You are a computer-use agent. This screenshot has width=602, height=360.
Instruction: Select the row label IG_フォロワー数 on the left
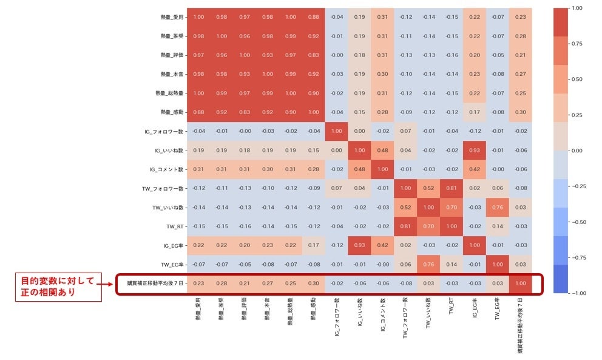164,131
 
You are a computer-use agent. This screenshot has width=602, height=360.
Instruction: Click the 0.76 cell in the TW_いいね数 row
498,208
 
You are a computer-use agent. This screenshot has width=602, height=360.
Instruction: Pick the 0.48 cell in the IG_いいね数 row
383,150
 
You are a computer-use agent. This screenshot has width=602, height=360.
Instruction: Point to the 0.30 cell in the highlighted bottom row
314,284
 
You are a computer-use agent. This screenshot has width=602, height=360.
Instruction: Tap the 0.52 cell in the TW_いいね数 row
429,208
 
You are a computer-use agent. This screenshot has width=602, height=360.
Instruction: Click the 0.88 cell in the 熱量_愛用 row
314,17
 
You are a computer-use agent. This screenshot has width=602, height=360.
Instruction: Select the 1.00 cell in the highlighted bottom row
521,284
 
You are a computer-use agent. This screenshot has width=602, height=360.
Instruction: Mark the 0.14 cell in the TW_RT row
498,226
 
